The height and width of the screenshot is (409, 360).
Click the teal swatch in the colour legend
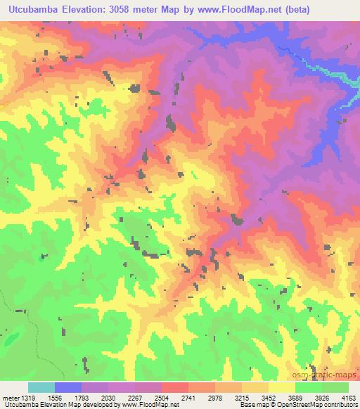[x=41, y=387]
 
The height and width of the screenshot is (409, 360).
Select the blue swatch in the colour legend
[x=67, y=387]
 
